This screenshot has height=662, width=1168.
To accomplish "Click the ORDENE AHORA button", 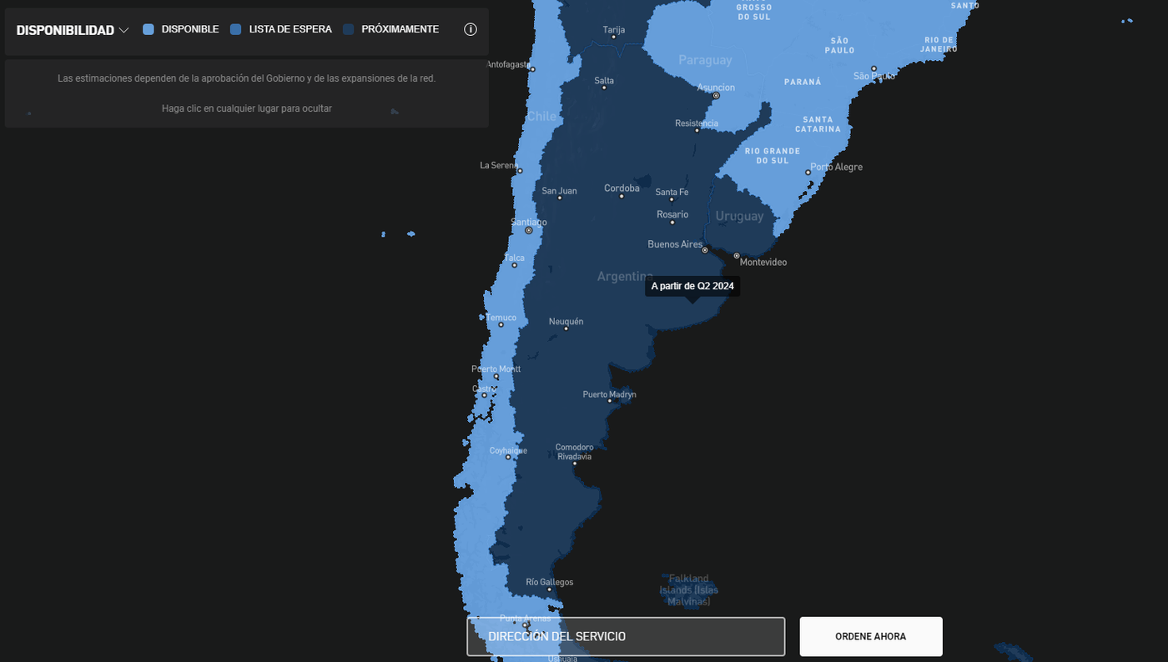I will (x=870, y=636).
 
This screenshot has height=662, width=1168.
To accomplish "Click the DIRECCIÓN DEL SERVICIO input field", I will (x=626, y=636).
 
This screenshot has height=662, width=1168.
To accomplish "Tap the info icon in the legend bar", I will (x=471, y=29).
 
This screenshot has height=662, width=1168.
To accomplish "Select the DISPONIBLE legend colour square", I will (x=149, y=29).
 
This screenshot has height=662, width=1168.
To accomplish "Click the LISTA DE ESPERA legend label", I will (x=290, y=29).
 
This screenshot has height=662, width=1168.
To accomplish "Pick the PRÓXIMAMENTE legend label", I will (x=400, y=29).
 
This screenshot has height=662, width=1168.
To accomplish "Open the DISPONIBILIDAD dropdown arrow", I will (x=123, y=30).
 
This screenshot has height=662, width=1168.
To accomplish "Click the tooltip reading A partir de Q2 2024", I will (x=692, y=286).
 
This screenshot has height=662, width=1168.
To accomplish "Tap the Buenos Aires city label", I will (x=675, y=244).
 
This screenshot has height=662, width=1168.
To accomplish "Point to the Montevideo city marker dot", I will (x=737, y=256).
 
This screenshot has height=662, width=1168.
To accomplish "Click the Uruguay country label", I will (x=739, y=216).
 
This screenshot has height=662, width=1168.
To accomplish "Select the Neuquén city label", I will (x=566, y=321).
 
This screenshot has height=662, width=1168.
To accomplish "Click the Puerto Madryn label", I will (x=609, y=394).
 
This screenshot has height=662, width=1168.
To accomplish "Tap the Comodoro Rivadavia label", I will (x=575, y=452).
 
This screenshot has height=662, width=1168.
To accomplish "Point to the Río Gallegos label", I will (x=549, y=582).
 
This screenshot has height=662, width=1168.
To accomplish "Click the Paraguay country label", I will (x=705, y=60).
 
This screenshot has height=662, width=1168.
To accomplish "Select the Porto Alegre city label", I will (x=836, y=167).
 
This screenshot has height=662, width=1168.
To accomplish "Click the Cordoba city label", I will (x=622, y=188).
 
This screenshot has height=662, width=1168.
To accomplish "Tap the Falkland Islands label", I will (x=688, y=589).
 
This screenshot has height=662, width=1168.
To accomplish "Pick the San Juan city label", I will (x=559, y=191).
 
